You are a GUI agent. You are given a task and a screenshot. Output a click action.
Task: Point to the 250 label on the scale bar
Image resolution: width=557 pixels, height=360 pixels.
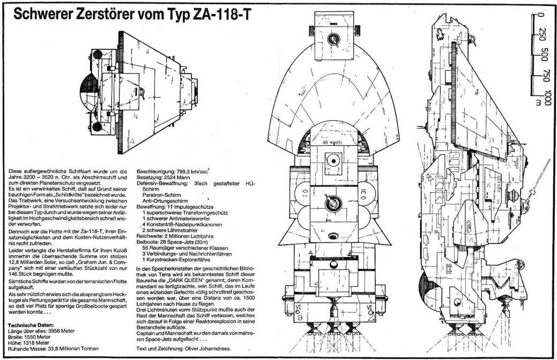click(543, 36)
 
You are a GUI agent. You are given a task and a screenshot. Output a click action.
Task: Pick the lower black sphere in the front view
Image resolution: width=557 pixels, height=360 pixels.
click(96, 127)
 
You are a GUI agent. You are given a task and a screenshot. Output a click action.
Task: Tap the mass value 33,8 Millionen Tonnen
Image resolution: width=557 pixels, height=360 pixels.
click(71, 349)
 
